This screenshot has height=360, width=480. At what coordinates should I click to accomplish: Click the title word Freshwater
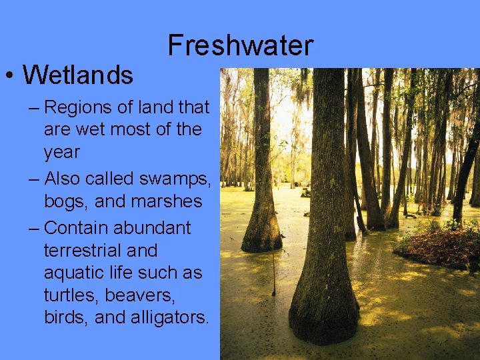240,45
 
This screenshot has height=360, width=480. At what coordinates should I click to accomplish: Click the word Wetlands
78,75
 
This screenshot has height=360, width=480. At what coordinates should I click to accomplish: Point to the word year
61,152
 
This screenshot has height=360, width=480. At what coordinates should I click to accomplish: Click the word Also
66,179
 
